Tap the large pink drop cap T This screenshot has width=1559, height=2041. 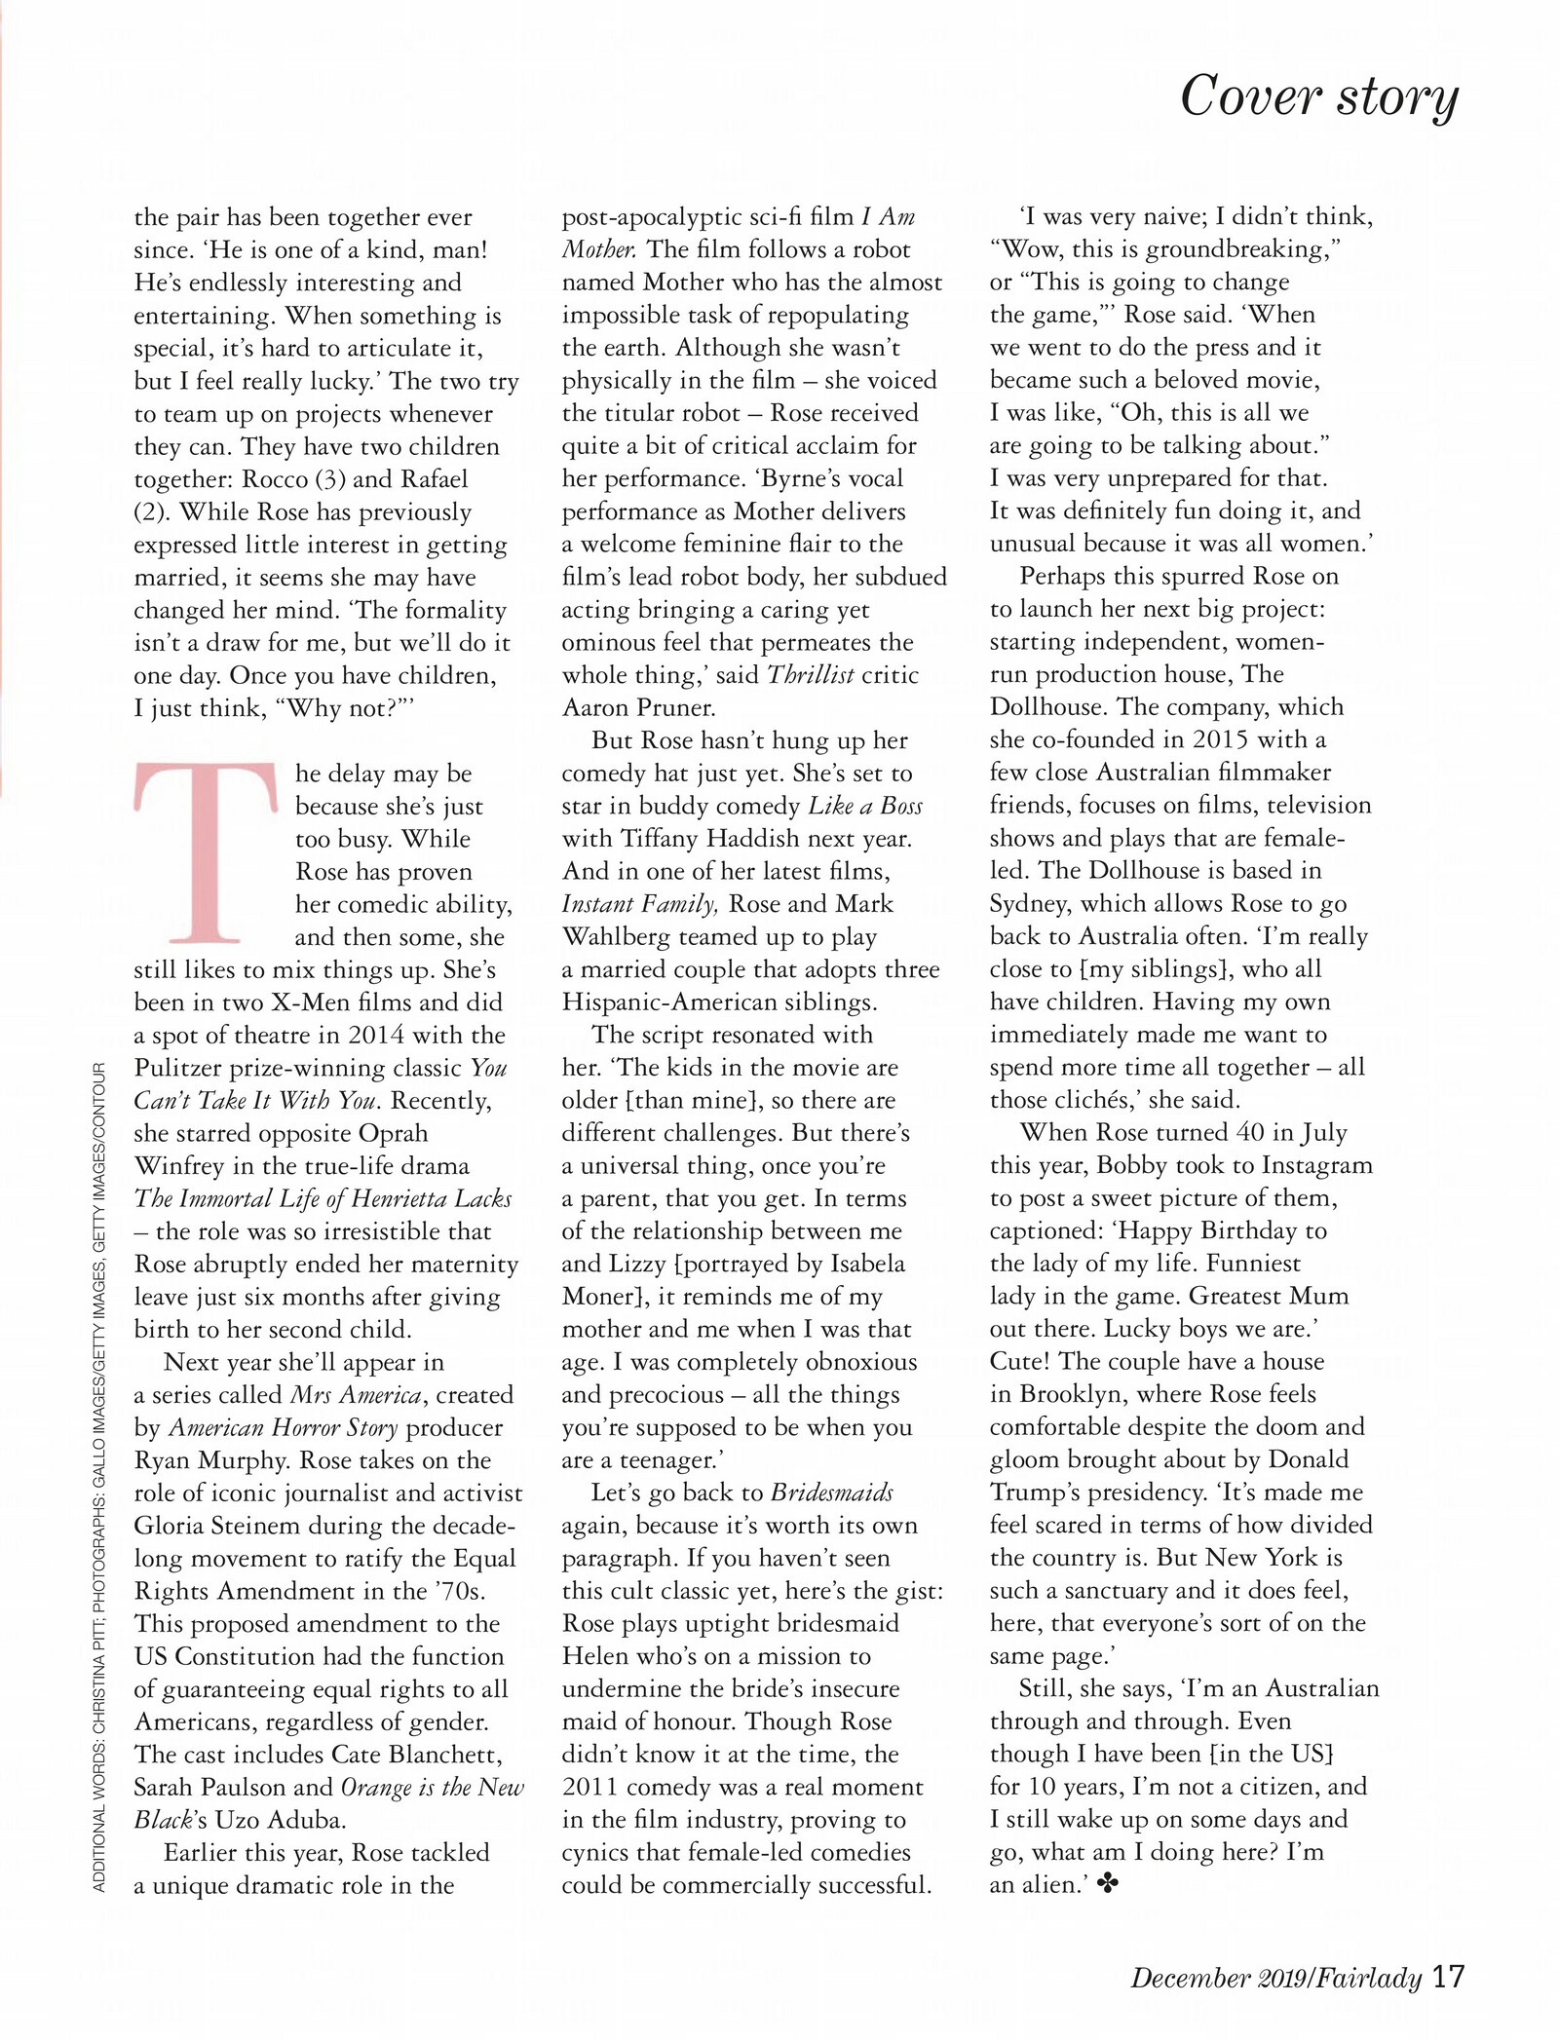pyautogui.click(x=206, y=852)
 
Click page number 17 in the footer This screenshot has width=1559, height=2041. pyautogui.click(x=1449, y=1977)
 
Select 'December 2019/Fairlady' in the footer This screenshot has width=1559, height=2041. pyautogui.click(x=1276, y=1979)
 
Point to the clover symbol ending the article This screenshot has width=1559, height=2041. pyautogui.click(x=1108, y=1884)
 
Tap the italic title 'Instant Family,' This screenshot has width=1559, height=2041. pyautogui.click(x=640, y=904)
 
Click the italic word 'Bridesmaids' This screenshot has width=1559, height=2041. pyautogui.click(x=831, y=1493)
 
